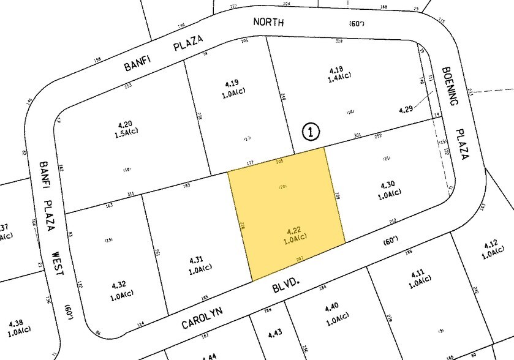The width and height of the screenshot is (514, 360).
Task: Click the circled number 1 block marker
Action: point(311,131)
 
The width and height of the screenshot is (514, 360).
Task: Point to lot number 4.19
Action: point(230,83)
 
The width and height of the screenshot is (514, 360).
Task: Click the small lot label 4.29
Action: point(406,110)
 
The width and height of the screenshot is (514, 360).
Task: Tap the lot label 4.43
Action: point(276,334)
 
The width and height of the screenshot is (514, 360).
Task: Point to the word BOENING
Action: point(455,88)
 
